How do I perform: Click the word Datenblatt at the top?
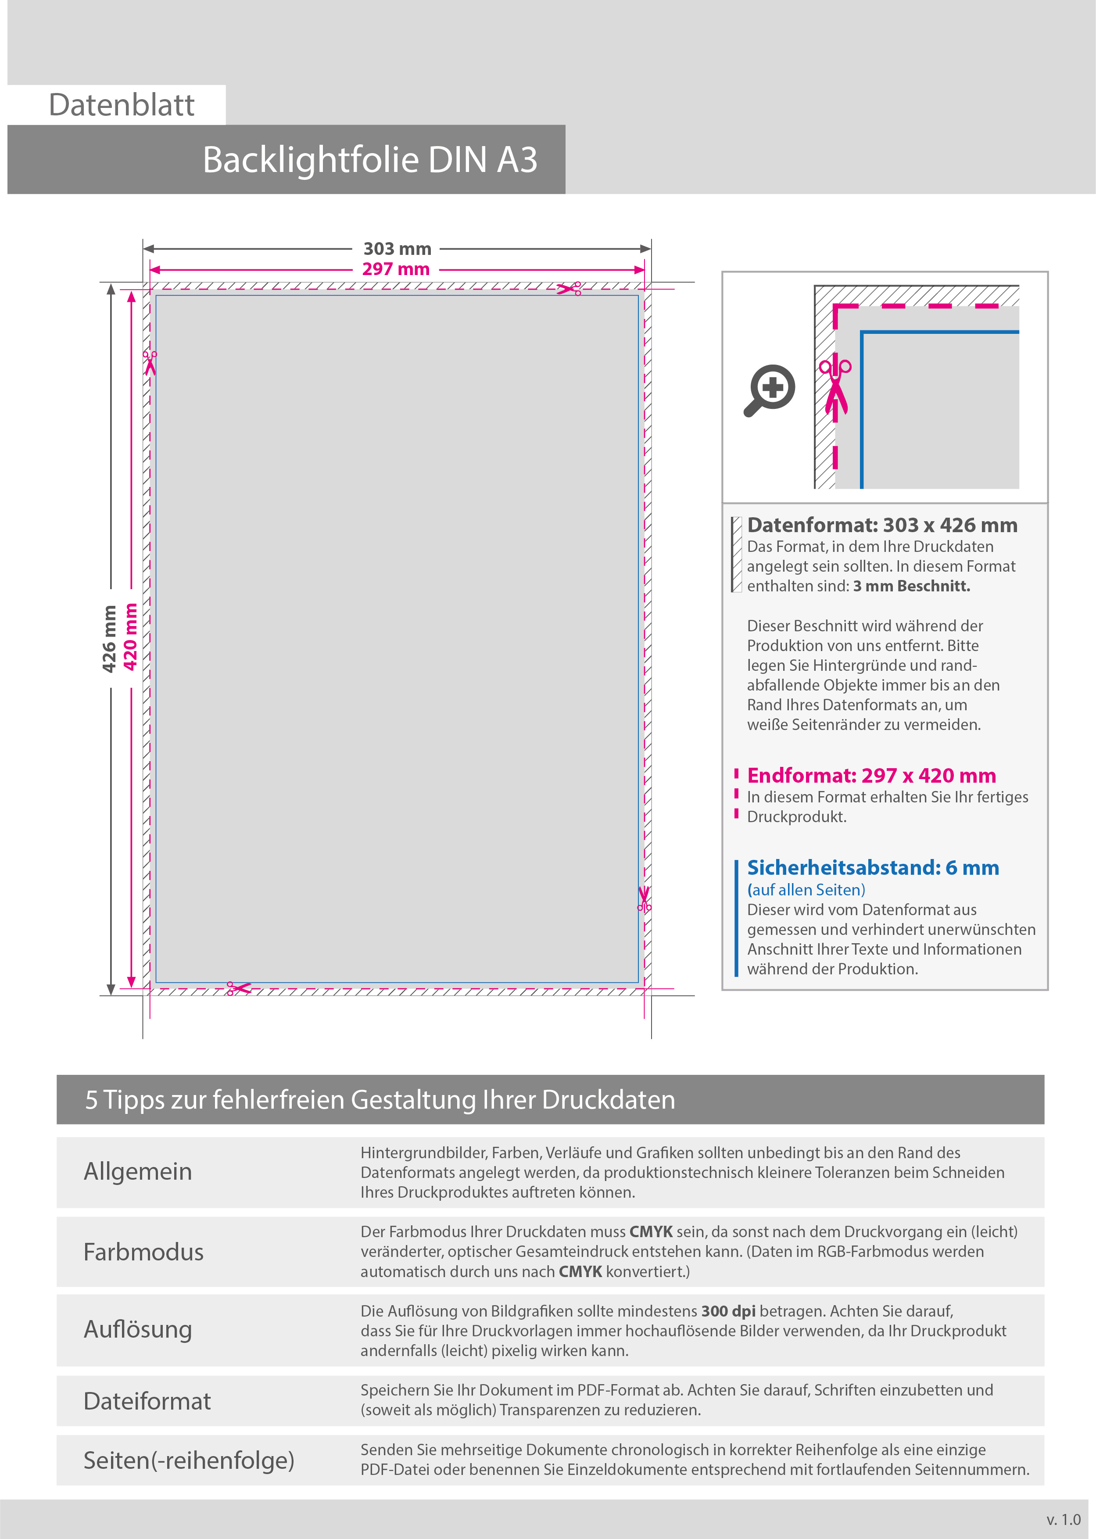[122, 105]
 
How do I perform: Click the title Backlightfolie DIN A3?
[370, 160]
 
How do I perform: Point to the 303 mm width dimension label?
[397, 249]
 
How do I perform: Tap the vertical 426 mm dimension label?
[109, 639]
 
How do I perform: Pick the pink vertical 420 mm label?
[130, 637]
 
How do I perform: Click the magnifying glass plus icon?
[770, 390]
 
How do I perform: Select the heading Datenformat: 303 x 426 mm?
[882, 525]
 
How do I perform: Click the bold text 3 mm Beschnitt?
[911, 586]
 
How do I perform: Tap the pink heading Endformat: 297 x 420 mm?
[871, 776]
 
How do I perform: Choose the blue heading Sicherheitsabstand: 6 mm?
[873, 868]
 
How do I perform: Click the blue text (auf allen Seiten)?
[806, 890]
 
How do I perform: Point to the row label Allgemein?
[138, 1172]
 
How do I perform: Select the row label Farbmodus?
[143, 1252]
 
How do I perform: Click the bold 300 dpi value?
[728, 1311]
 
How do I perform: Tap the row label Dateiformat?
[147, 1401]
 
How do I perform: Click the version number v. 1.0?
[1064, 1519]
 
